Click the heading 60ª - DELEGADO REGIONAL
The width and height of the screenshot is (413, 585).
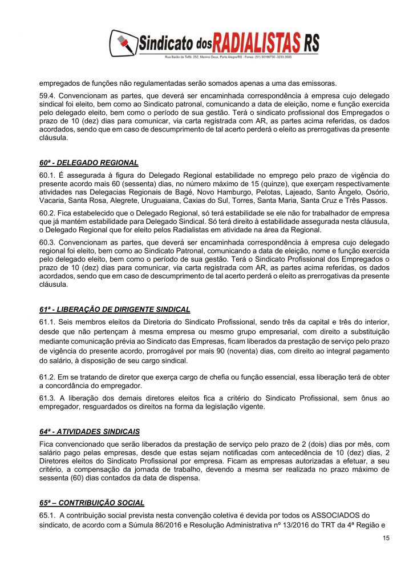[x=88, y=162]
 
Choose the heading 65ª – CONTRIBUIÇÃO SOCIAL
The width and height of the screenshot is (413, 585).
[x=92, y=503]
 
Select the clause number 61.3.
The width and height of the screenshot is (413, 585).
[x=47, y=397]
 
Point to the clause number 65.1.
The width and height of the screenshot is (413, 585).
[x=47, y=515]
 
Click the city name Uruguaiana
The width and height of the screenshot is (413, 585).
[x=165, y=202]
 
